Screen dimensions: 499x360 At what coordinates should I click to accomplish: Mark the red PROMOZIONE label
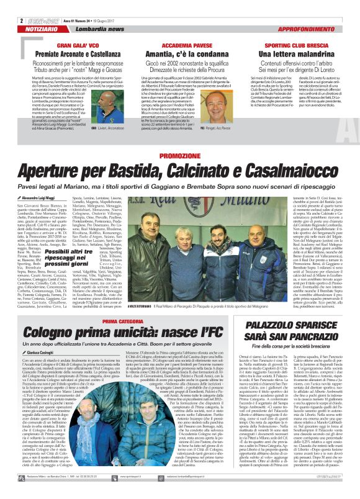(179, 155)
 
